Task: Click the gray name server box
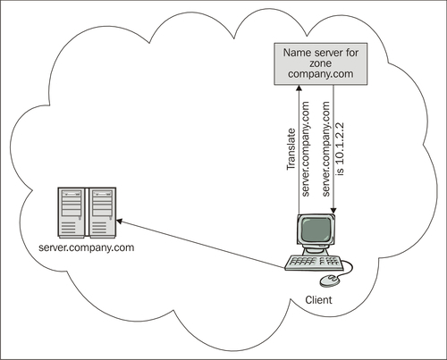pyautogui.click(x=321, y=63)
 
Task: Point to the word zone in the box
pyautogui.click(x=320, y=63)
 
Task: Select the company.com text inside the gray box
pyautogui.click(x=321, y=74)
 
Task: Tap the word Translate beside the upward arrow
pyautogui.click(x=291, y=149)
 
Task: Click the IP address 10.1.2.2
pyautogui.click(x=340, y=143)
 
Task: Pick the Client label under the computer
pyautogui.click(x=318, y=300)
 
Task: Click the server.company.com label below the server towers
pyautogui.click(x=87, y=247)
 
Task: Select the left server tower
pyautogui.click(x=72, y=213)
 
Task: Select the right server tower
pyautogui.click(x=102, y=213)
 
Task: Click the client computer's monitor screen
pyautogui.click(x=316, y=230)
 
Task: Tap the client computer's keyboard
pyautogui.click(x=313, y=263)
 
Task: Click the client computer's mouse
pyautogui.click(x=329, y=280)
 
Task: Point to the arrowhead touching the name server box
pyautogui.click(x=299, y=88)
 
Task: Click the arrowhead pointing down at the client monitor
pyautogui.click(x=333, y=211)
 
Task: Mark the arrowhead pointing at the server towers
pyautogui.click(x=119, y=222)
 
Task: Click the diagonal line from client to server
pyautogui.click(x=200, y=245)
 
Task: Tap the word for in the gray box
pyautogui.click(x=351, y=53)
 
